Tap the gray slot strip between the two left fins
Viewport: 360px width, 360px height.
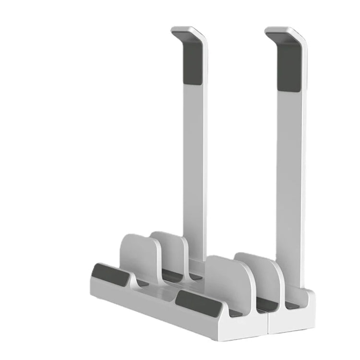click(x=173, y=276)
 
